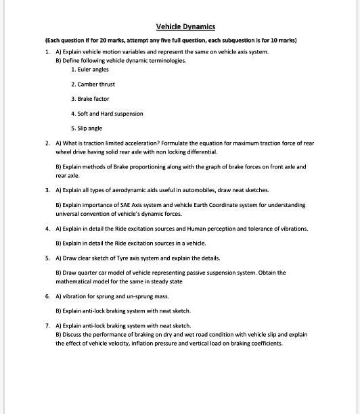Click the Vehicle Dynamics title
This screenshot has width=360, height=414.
(x=185, y=27)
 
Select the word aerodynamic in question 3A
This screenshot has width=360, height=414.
(x=135, y=190)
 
